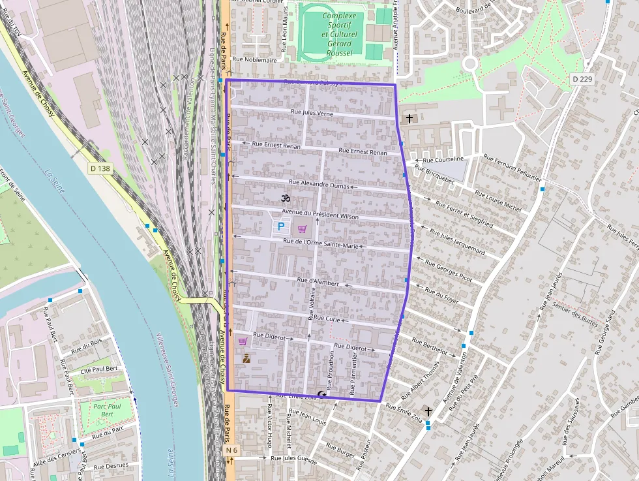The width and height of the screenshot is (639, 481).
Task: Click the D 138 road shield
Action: pos(100,168)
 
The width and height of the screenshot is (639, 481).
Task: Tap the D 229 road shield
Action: pos(582,79)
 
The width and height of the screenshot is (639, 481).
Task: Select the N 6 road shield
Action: pos(231,450)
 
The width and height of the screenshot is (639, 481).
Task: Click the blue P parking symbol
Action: pos(281,226)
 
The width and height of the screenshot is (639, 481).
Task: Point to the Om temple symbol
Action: pos(284,197)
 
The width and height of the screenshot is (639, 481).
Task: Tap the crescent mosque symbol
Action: pos(321,393)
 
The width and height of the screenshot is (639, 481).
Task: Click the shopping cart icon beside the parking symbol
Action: pos(302,229)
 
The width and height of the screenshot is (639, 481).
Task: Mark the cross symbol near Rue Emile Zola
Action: pos(428,411)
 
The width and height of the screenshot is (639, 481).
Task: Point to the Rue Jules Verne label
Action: pos(312,113)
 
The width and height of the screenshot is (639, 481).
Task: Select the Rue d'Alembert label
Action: pos(318,282)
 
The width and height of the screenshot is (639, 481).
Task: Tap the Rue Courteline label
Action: pos(443,159)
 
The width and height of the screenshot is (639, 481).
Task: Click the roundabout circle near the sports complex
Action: pos(470,63)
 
